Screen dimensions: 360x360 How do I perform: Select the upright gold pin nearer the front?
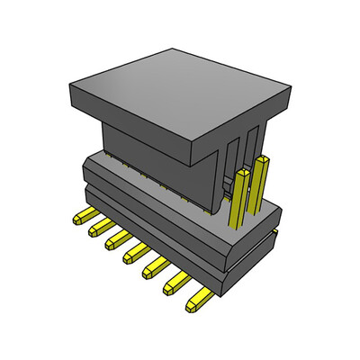(238, 198)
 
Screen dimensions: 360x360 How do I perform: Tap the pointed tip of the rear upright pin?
(261, 158)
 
